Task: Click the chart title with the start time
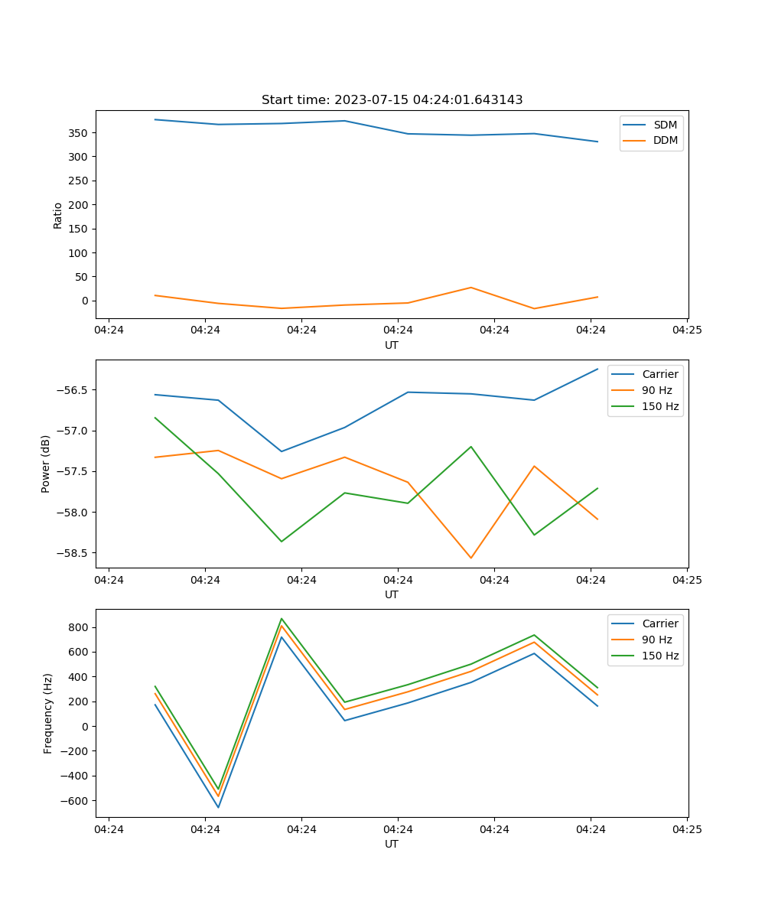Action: pos(392,100)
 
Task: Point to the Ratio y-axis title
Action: pos(58,215)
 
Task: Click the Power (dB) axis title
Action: pos(46,464)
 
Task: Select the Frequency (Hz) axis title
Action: pos(47,713)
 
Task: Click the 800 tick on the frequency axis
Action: pos(80,627)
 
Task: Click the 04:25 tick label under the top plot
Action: pos(686,330)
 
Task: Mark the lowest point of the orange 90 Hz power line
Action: pos(470,558)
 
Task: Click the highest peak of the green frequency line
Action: pos(282,619)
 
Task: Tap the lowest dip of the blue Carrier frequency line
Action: pos(218,807)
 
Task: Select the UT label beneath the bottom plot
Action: pos(392,844)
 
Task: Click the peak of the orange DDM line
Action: pos(470,288)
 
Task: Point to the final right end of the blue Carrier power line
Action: pos(597,369)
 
